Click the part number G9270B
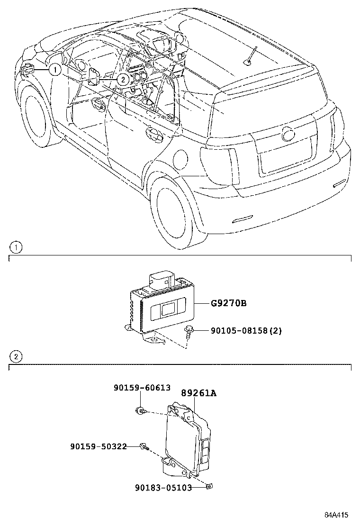coord(229,303)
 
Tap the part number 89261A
coord(198,393)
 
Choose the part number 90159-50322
coord(98,446)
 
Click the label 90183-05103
coord(163,487)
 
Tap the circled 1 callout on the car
coord(55,70)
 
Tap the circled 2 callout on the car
coord(122,80)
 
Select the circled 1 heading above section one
coord(16,247)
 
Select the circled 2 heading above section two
coord(16,356)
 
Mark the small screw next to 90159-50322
coord(144,446)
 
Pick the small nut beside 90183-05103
coord(208,486)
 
